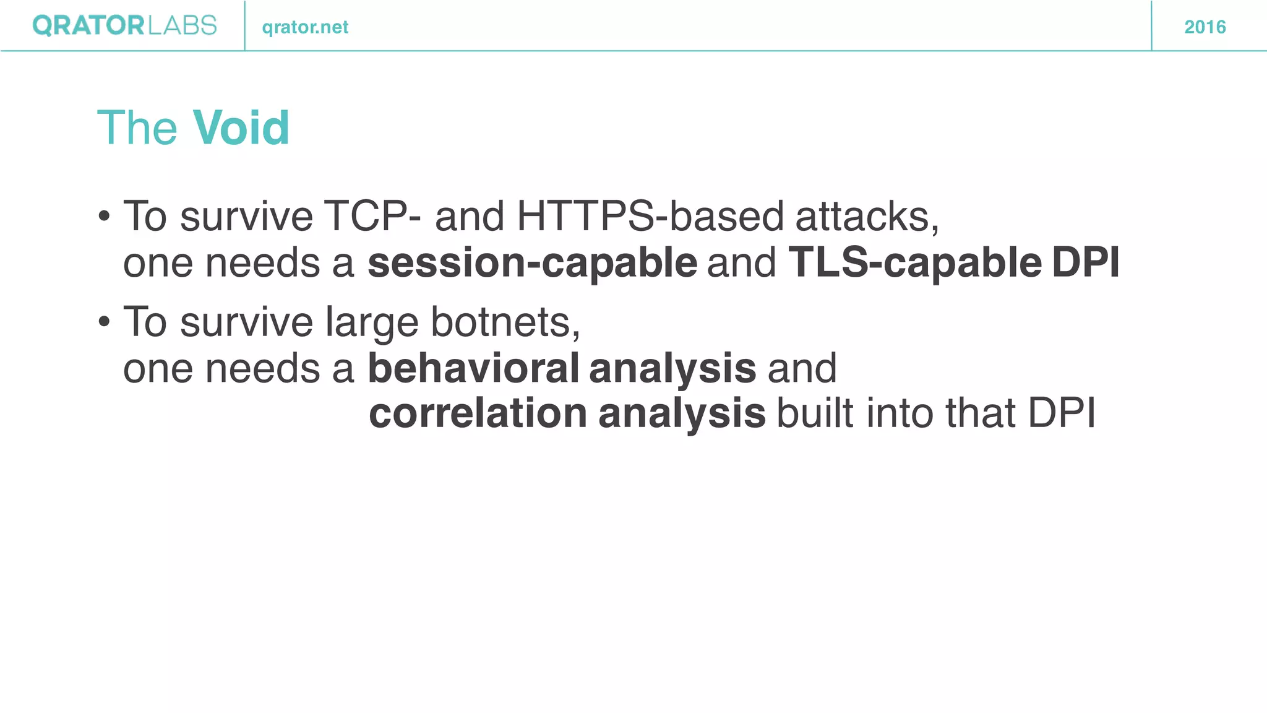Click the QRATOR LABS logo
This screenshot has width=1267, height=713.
tap(124, 26)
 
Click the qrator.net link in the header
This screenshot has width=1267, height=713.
tap(305, 27)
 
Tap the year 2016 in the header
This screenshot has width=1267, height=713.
tap(1205, 27)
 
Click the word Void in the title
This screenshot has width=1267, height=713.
tap(241, 128)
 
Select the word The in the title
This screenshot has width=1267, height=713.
tap(137, 128)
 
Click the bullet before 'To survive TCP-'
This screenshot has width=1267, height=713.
tap(104, 217)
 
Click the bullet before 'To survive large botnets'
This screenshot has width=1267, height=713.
tap(104, 322)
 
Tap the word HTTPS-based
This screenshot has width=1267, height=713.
tap(650, 217)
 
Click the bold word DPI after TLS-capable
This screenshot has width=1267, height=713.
tap(1085, 262)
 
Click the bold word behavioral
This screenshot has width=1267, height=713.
tap(473, 368)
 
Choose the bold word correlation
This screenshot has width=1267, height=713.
tap(478, 413)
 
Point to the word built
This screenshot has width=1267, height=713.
tap(815, 413)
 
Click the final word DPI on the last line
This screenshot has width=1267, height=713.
tap(1061, 413)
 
